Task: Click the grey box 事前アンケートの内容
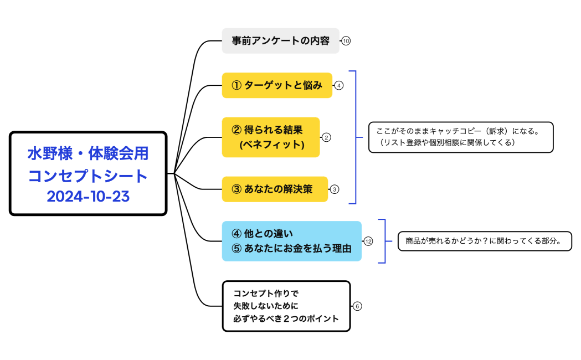[x=280, y=41]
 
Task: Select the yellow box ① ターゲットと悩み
[x=276, y=85]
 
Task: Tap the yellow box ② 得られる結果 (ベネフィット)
[x=270, y=137]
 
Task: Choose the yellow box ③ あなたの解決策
[x=274, y=189]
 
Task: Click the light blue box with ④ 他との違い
[x=291, y=241]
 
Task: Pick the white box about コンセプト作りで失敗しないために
[x=286, y=306]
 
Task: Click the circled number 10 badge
[x=346, y=41]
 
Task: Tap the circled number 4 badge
[x=339, y=85]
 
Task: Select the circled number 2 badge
[x=326, y=137]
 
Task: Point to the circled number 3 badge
[x=335, y=189]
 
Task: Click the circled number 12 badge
[x=368, y=241]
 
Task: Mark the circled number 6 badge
[x=357, y=306]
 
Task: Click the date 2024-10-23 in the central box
[x=88, y=196]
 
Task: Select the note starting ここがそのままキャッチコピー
[x=461, y=137]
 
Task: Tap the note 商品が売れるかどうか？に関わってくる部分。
[x=484, y=241]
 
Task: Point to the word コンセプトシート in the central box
[x=88, y=176]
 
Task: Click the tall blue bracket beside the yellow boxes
[x=354, y=137]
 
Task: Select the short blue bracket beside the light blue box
[x=384, y=241]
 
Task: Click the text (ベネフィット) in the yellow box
[x=272, y=145]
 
